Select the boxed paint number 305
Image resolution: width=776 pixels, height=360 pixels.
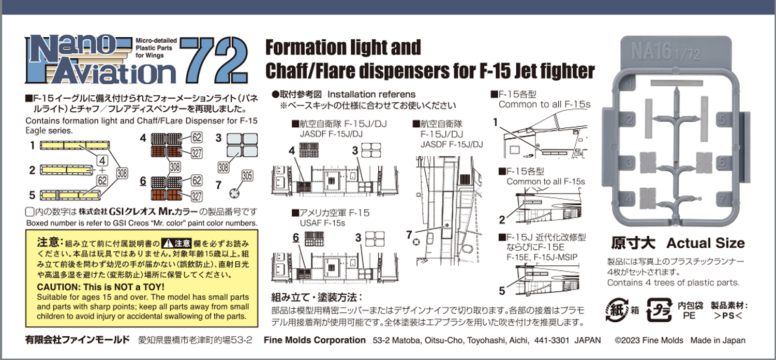246,176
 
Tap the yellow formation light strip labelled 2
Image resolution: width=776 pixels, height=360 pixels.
65,170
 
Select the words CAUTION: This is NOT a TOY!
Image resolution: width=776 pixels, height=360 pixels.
101,287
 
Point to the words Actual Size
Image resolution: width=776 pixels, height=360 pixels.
706,243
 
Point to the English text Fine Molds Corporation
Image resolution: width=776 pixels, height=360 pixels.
315,340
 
